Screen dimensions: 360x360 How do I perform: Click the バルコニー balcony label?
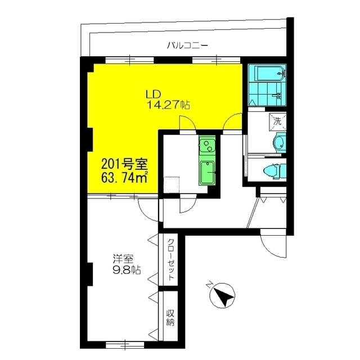point(187,46)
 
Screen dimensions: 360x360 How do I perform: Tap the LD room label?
point(154,93)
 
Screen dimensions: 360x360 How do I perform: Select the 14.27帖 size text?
point(168,105)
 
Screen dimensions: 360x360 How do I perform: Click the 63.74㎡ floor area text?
point(124,177)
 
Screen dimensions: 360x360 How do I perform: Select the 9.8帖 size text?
point(127,270)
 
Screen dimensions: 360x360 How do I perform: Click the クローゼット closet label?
point(170,260)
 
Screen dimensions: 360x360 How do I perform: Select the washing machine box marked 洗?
point(278,122)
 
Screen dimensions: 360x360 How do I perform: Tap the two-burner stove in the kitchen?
point(207,146)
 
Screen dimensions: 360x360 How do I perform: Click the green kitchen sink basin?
point(207,173)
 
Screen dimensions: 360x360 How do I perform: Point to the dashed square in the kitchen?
point(171,185)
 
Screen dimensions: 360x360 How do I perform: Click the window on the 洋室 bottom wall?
point(125,344)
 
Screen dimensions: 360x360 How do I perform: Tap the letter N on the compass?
point(209,285)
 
